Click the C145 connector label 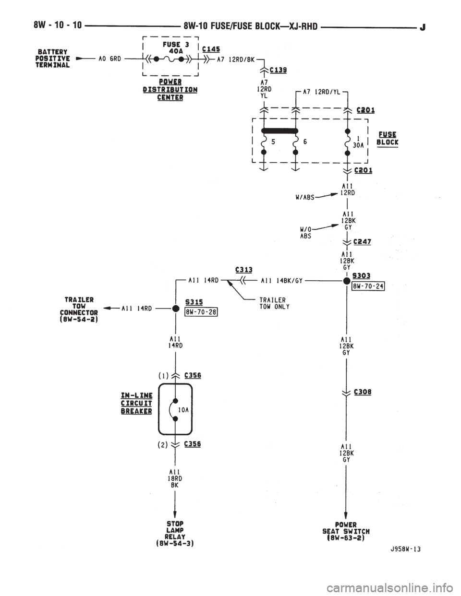coord(211,49)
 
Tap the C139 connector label coord(279,71)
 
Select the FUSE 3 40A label coord(174,48)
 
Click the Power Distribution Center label coord(170,90)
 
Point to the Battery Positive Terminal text coord(53,59)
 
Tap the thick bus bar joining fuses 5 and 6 coord(279,131)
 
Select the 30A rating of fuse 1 coord(358,145)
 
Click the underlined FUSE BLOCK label coord(388,139)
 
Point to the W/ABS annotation coord(304,197)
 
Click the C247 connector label coord(362,242)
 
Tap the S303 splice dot coord(347,281)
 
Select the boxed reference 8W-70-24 coord(368,286)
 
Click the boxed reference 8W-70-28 coord(201,312)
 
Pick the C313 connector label coord(244,270)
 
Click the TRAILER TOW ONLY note coord(274,303)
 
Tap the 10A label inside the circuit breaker coord(183,410)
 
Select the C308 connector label coord(363,392)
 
